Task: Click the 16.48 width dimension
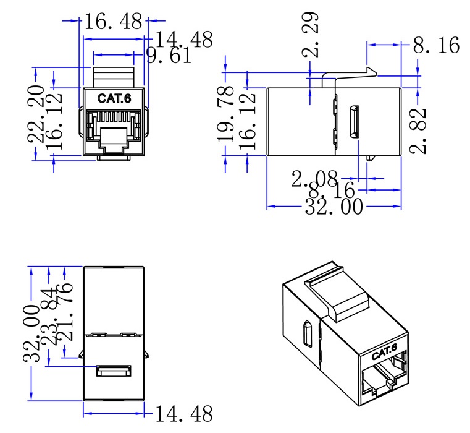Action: [112, 22]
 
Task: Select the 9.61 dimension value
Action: [169, 56]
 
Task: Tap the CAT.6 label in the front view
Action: [115, 98]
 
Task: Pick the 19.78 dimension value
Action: [226, 118]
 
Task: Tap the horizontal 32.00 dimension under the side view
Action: [334, 207]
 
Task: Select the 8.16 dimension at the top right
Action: [436, 45]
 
